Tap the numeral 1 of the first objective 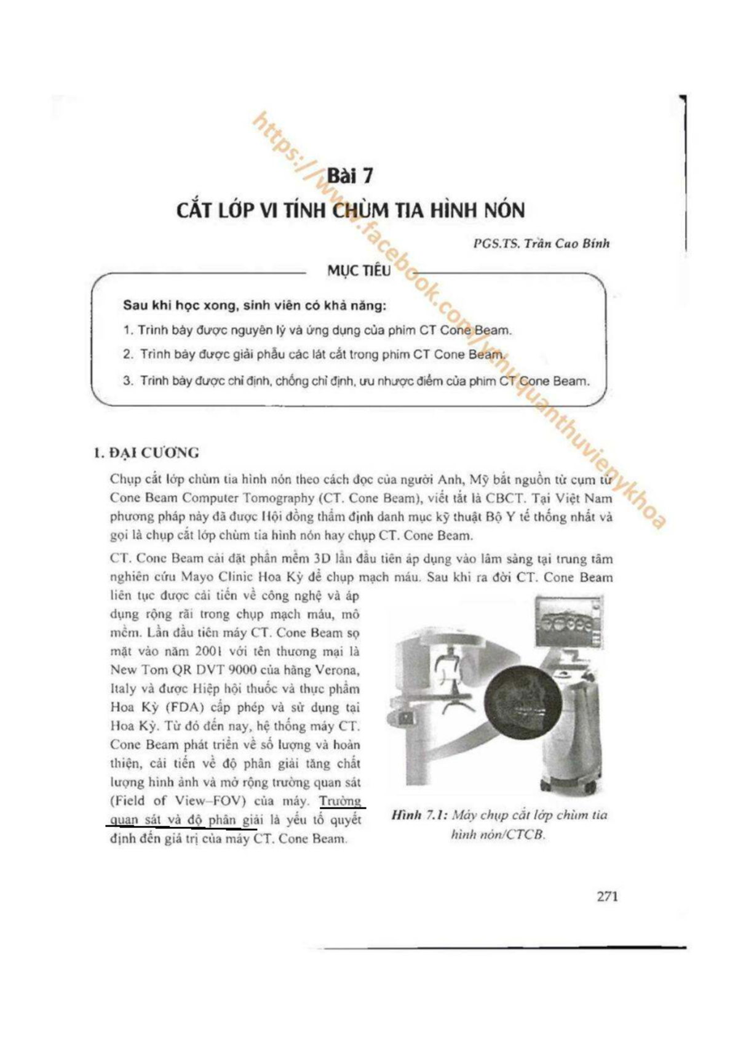coord(128,330)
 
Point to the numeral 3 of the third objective coord(128,381)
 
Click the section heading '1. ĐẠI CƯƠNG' coord(146,454)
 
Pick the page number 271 coord(607,896)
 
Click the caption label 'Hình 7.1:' coord(418,815)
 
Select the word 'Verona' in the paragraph coord(337,670)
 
